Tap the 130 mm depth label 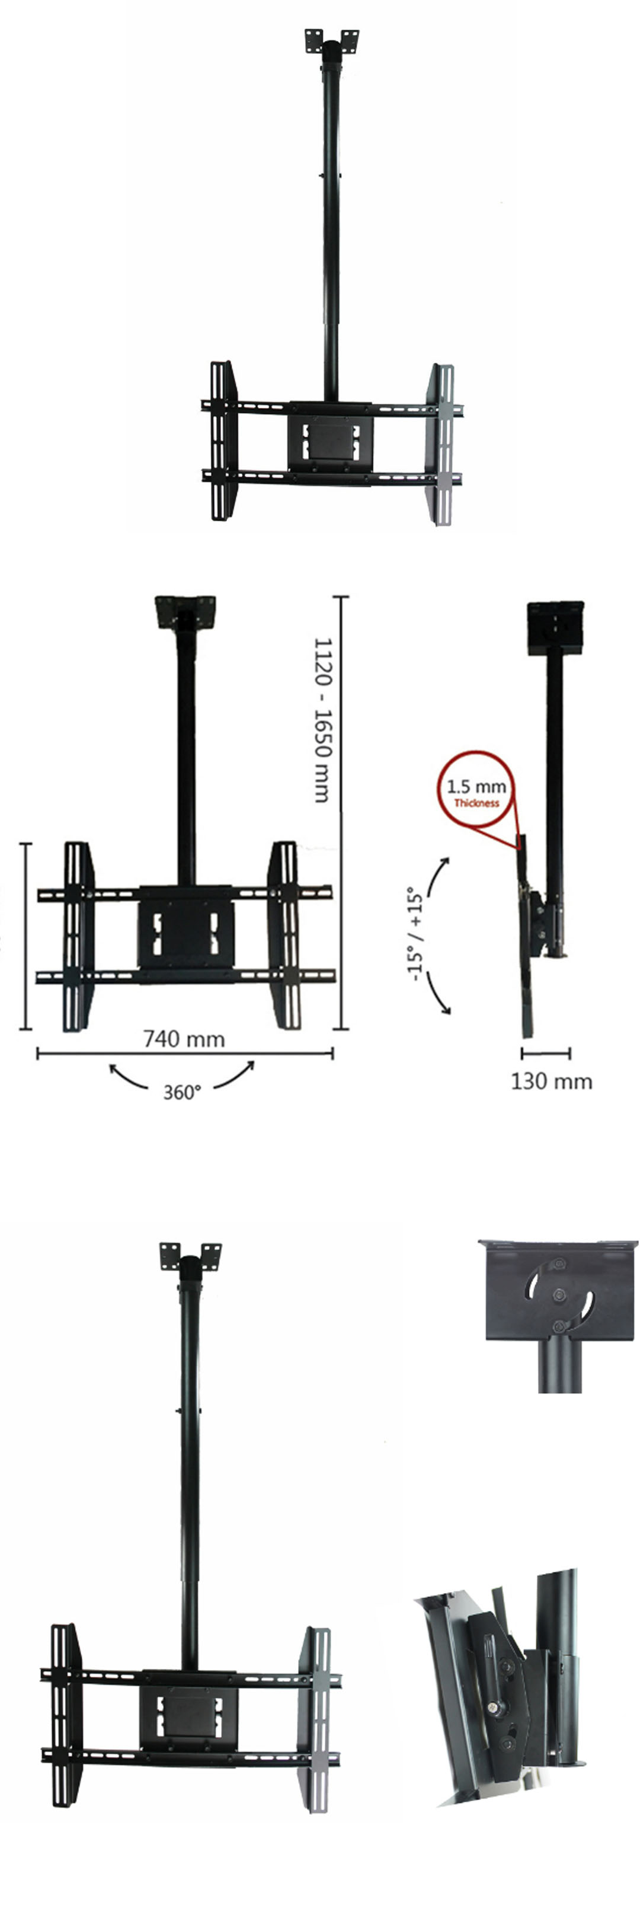tap(551, 1081)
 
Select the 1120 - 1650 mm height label tap(322, 720)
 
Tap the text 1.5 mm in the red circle tap(476, 786)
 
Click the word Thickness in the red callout tap(476, 803)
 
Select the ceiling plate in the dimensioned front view tap(185, 613)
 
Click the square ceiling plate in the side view tap(555, 628)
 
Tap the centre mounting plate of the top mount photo tap(330, 445)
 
